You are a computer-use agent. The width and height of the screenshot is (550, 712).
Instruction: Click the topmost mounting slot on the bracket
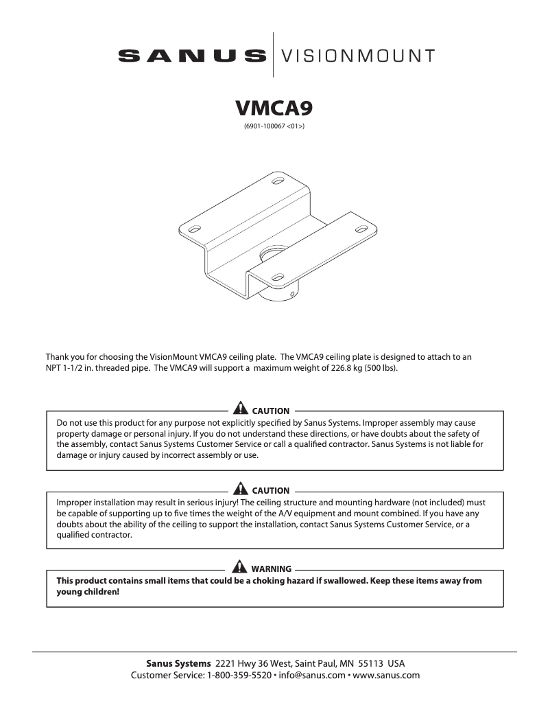click(x=278, y=182)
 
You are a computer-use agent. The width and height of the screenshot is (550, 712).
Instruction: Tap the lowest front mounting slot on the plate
click(x=278, y=277)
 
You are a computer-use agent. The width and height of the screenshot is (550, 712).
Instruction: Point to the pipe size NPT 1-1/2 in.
click(x=77, y=369)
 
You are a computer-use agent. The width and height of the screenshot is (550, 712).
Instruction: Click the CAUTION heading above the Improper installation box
click(x=270, y=490)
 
